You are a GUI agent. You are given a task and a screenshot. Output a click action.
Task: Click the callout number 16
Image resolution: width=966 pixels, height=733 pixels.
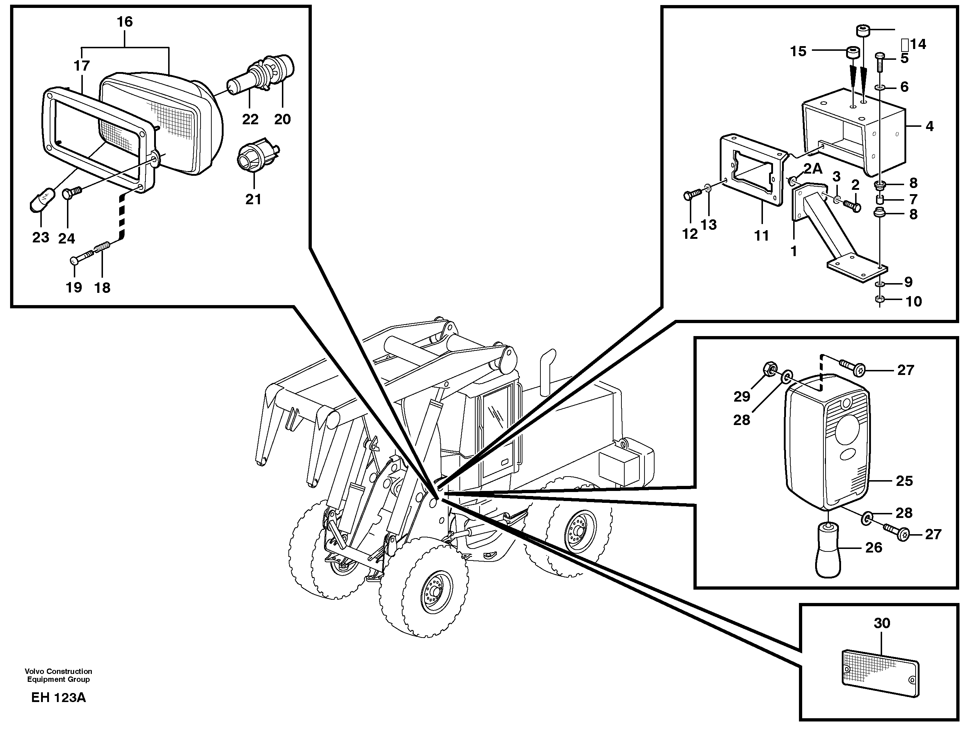click(125, 22)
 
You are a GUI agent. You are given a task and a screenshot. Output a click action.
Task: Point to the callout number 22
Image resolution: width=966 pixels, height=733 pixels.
click(250, 119)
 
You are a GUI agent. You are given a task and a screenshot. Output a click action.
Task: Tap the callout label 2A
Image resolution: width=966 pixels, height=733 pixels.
click(813, 169)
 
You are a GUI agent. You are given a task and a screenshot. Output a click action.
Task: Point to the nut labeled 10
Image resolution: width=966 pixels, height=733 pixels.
click(880, 300)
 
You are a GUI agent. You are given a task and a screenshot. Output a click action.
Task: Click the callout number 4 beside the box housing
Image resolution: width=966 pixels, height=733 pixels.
click(929, 126)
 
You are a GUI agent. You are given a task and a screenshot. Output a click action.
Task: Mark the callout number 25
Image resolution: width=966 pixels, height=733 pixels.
click(904, 481)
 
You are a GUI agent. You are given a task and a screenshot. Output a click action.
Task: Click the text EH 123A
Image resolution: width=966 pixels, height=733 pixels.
click(59, 698)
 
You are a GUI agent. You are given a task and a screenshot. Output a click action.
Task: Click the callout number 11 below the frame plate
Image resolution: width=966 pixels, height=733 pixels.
click(761, 236)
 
